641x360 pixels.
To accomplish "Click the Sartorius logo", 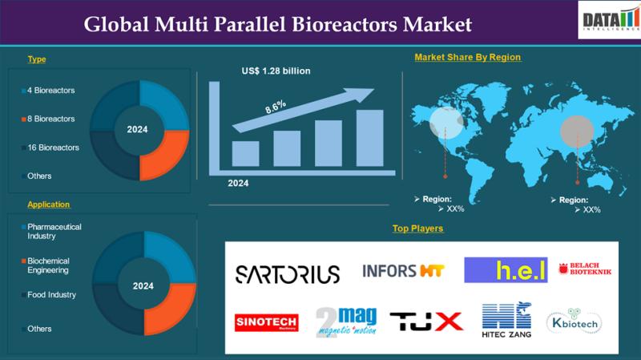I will click(287, 273).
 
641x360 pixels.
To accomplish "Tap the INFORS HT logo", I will click(403, 270).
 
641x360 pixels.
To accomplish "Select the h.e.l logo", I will click(506, 270).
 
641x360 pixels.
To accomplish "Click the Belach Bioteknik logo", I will click(585, 270).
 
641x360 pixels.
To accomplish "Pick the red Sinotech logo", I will click(266, 322).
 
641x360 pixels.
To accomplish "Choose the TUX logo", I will click(426, 322).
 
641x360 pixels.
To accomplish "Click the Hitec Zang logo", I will click(506, 322).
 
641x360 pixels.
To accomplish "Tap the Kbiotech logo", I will click(574, 322).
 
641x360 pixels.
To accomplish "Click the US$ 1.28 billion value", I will click(276, 71).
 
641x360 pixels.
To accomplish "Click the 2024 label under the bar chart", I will click(237, 183).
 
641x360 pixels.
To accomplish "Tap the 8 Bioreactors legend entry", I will click(50, 119).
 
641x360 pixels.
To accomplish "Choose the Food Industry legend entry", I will click(51, 295).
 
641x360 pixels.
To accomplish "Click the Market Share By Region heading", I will click(467, 57).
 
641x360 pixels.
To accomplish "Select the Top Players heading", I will click(417, 229).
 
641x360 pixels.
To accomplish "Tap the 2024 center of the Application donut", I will click(143, 286).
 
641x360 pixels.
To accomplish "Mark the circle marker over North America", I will click(445, 123).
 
